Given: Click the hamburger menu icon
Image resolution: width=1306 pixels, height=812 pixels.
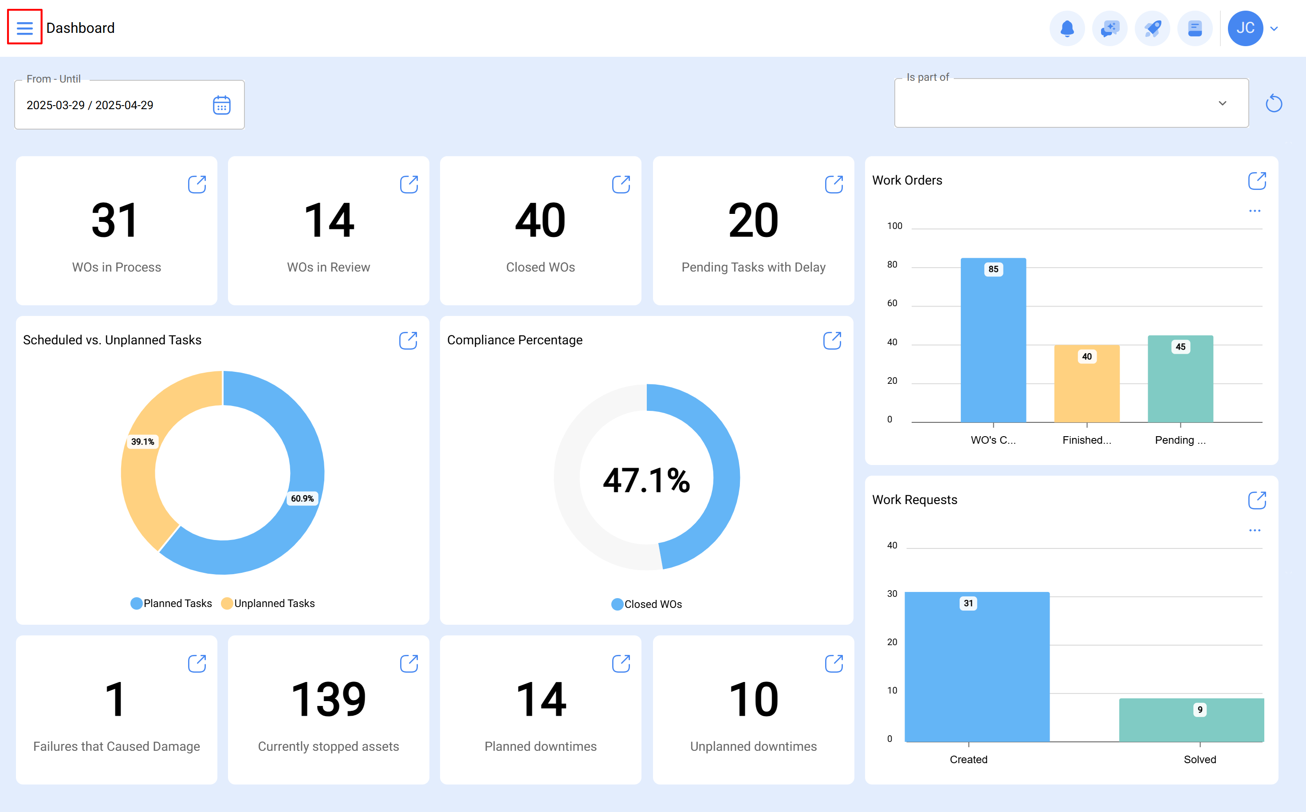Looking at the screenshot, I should (x=25, y=28).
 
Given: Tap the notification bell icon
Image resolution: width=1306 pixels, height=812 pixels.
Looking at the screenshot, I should (x=1066, y=28).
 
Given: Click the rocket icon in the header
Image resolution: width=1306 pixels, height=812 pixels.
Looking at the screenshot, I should (x=1152, y=28).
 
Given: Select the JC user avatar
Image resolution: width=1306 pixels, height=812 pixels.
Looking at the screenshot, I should (x=1245, y=28).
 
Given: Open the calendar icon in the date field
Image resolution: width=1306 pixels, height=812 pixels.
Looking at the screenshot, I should (x=222, y=105).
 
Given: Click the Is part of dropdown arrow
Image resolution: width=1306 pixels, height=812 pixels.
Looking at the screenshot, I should (x=1222, y=103).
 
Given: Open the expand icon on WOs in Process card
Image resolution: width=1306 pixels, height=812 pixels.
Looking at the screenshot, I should (x=197, y=184).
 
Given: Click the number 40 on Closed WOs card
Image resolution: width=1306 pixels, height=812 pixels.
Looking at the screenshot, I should (x=540, y=220).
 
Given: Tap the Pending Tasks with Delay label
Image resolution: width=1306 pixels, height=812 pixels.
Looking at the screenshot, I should (x=753, y=267).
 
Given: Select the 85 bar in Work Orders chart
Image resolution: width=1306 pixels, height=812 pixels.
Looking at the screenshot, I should (x=993, y=344).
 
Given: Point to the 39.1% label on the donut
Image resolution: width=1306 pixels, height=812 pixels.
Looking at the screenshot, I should (x=143, y=441).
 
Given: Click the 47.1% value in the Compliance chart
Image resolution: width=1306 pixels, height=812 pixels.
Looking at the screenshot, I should (x=646, y=480).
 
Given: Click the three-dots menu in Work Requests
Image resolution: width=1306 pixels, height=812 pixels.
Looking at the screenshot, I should (x=1255, y=530).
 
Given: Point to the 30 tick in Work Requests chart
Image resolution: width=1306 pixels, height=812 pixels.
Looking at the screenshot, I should (x=892, y=593).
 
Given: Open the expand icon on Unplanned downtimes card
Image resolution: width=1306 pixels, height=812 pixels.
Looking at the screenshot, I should (x=834, y=663).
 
